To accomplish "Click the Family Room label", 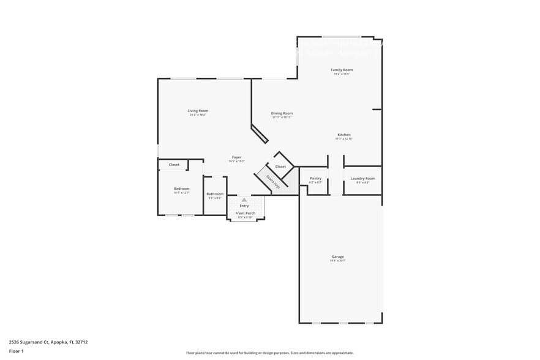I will [342, 70].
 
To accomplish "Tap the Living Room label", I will [198, 111].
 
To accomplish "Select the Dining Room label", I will [282, 113].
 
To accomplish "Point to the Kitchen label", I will [344, 135].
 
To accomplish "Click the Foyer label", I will [236, 157].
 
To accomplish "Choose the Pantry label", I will [315, 178].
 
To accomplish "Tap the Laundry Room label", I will [362, 178].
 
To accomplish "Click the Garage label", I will [338, 257].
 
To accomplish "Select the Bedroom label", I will [182, 189].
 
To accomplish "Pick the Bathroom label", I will [215, 193].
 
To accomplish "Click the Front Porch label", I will [246, 213].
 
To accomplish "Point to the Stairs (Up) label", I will [272, 181].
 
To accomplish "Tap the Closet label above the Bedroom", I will [174, 165].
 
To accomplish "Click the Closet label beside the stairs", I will [280, 167].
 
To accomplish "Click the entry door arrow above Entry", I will [244, 200].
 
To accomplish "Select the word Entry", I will [244, 206].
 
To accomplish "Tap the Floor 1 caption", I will [17, 351].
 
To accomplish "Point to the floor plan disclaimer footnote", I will [270, 353].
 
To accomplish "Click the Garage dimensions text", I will [338, 261].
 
